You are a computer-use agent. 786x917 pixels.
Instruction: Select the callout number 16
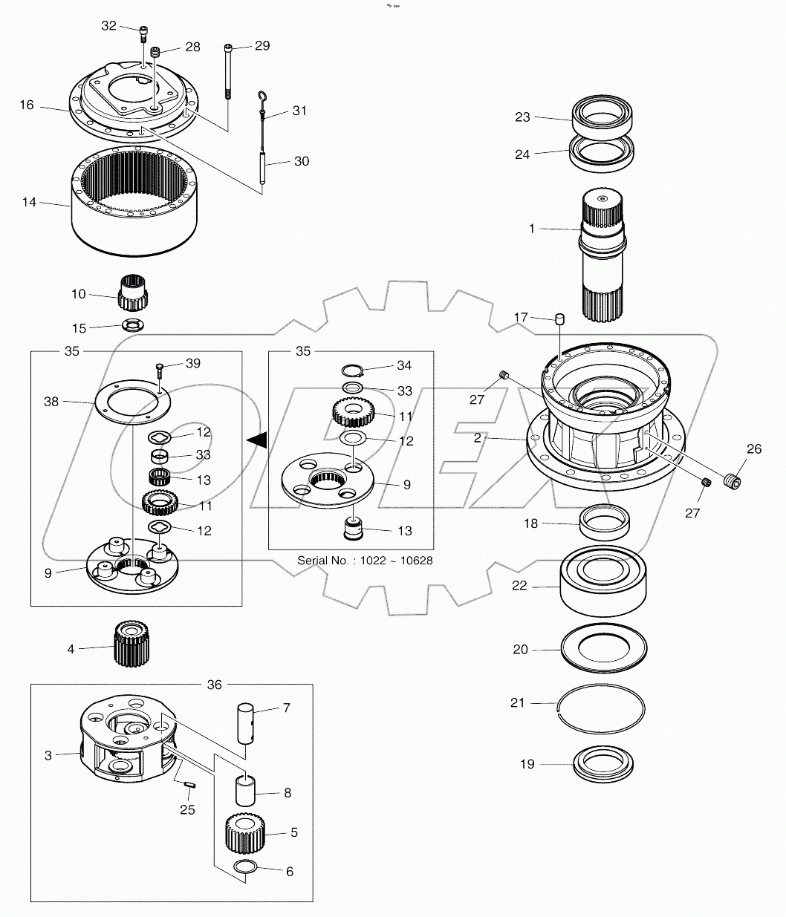(27, 105)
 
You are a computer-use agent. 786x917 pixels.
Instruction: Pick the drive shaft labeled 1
(603, 256)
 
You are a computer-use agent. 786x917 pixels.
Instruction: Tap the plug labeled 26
(733, 480)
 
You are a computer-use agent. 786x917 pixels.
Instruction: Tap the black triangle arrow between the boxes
(257, 441)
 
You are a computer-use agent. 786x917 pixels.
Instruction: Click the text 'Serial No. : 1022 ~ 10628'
(365, 560)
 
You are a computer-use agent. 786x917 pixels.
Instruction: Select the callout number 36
(214, 685)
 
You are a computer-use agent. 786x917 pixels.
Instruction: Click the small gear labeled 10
(132, 293)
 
